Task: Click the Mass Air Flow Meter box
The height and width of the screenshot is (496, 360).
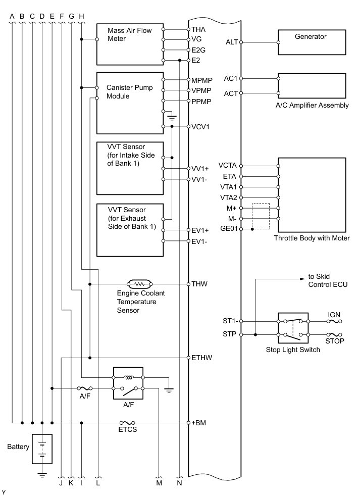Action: [130, 44]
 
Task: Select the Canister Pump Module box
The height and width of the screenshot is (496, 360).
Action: [130, 103]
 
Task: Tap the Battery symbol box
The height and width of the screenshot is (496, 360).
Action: [42, 448]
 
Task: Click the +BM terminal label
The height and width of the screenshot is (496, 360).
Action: [199, 423]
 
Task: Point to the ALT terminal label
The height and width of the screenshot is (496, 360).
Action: [231, 42]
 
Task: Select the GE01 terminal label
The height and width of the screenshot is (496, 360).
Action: [229, 229]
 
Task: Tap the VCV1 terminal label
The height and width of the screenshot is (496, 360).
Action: [200, 126]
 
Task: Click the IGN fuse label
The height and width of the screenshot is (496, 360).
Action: [334, 315]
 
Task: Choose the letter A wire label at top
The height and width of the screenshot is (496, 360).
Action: [12, 16]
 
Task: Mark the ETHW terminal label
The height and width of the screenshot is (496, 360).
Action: [201, 358]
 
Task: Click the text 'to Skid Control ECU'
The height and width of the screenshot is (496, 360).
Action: [328, 281]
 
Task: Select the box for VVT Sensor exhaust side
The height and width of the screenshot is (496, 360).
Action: [130, 230]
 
